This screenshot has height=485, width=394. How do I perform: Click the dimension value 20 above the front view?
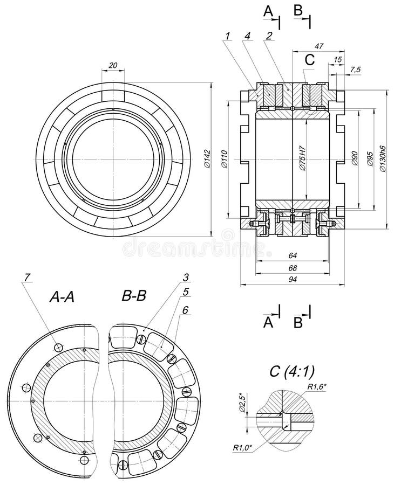tap(112, 65)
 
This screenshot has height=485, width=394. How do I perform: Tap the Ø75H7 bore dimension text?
tap(302, 158)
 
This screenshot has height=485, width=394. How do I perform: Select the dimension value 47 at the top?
tap(318, 46)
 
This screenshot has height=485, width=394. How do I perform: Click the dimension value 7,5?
tap(356, 69)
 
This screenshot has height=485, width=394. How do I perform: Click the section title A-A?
tap(64, 296)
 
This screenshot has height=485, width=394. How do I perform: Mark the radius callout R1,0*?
tap(243, 447)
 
